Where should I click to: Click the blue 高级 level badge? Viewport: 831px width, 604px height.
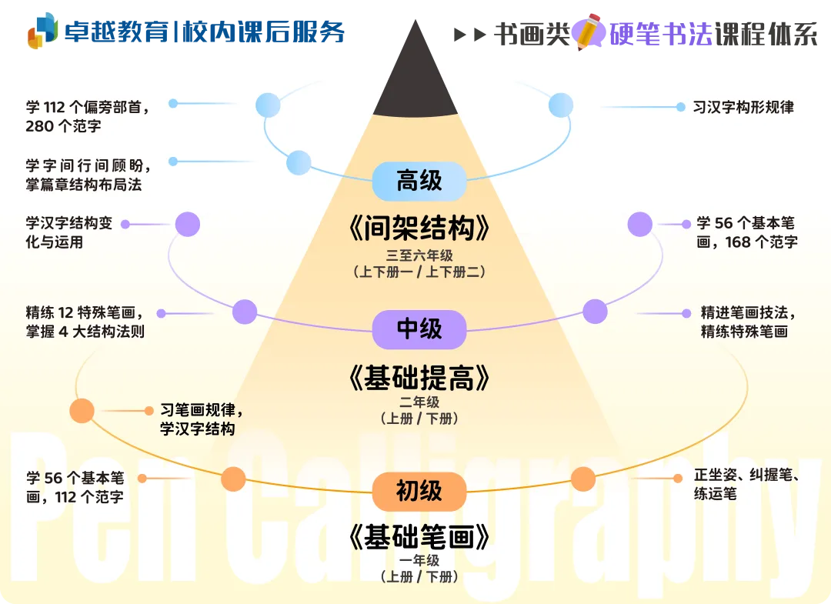click(419, 182)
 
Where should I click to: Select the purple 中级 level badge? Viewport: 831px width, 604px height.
click(419, 329)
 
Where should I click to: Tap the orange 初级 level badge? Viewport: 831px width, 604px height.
click(419, 491)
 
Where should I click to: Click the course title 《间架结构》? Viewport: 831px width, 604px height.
click(419, 229)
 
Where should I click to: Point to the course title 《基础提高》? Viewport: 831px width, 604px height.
click(419, 378)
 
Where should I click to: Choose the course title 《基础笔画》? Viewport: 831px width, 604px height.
click(419, 537)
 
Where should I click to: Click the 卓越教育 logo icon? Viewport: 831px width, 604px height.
click(42, 31)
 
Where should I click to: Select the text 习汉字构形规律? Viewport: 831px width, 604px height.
click(743, 107)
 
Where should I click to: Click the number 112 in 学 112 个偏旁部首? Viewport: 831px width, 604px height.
click(54, 108)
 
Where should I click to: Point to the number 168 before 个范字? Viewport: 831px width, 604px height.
click(738, 242)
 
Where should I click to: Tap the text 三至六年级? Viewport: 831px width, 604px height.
click(419, 255)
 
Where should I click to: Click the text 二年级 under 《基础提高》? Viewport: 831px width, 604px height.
click(419, 402)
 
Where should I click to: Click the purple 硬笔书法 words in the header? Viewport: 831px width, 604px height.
click(662, 34)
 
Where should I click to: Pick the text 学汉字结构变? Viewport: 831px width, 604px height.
click(69, 223)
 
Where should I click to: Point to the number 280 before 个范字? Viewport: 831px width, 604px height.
click(40, 126)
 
